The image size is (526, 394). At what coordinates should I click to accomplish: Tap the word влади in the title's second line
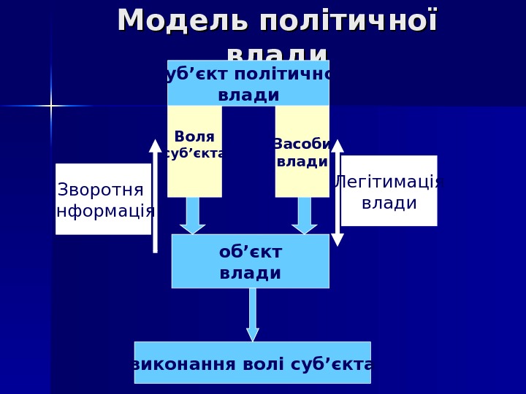[x=278, y=53]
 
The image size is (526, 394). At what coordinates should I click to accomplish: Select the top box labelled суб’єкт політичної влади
[x=248, y=84]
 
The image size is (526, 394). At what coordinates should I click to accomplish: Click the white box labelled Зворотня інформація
[x=103, y=199]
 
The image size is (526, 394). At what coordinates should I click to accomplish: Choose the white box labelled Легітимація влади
[x=389, y=191]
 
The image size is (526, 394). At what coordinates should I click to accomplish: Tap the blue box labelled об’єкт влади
[x=250, y=261]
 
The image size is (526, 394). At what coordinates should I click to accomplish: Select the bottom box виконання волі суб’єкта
[x=252, y=363]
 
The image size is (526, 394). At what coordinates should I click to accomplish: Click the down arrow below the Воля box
[x=193, y=216]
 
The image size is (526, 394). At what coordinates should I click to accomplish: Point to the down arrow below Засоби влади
[x=305, y=216]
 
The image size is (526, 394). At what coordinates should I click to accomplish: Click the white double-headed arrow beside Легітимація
[x=338, y=193]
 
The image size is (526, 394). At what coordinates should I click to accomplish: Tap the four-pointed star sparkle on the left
[x=50, y=106]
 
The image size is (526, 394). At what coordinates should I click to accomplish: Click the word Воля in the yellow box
[x=194, y=136]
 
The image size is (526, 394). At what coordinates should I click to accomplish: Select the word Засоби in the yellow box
[x=302, y=144]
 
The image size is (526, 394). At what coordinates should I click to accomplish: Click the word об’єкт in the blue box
[x=250, y=252]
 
